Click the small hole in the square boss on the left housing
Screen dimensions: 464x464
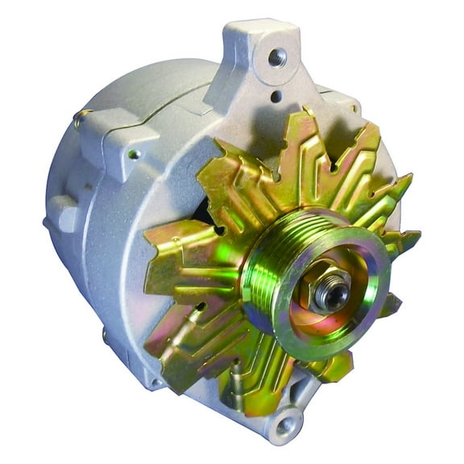pyautogui.click(x=134, y=154)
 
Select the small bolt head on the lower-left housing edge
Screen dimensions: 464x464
pyautogui.click(x=107, y=334)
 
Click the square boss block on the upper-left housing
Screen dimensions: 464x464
pyautogui.click(x=121, y=145)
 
